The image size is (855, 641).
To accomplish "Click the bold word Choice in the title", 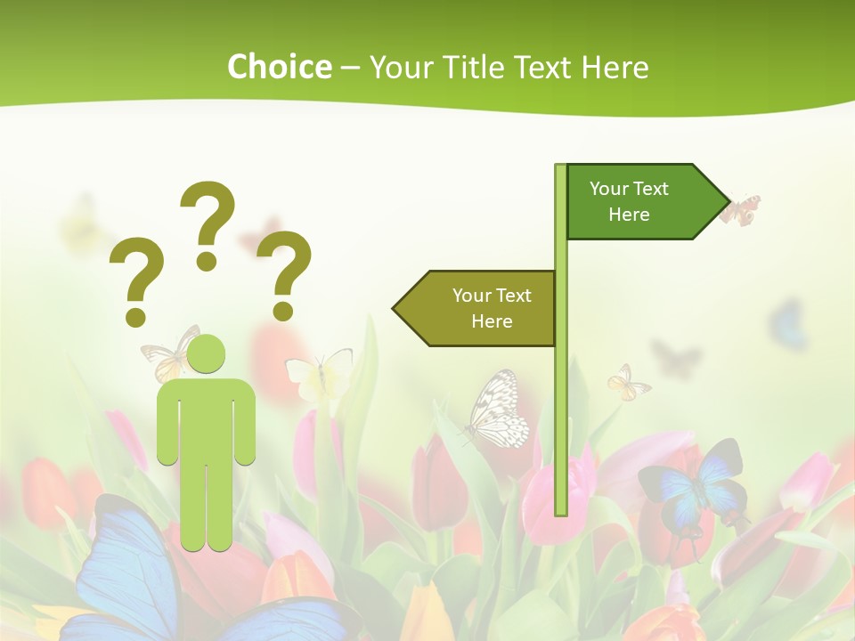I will pos(279,67).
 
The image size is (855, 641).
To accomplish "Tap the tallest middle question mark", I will pos(208,223).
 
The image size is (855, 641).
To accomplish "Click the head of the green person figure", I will pos(206,353).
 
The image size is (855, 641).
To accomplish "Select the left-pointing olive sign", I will pos(476,308).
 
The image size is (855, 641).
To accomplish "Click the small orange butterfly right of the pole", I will pos(627,383).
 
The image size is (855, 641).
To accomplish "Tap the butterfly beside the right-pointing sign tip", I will pos(740,209).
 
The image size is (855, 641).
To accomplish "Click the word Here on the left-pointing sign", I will pos(492,321).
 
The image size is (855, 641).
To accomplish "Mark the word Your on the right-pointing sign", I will pos(609,189).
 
